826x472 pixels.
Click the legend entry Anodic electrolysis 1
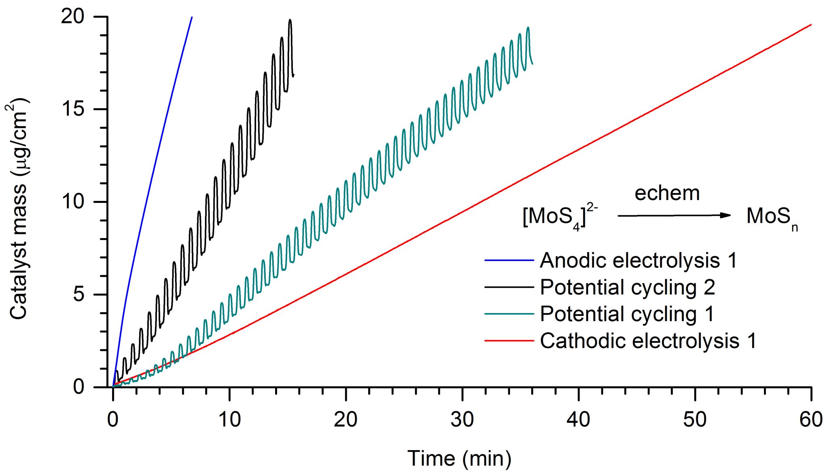(638, 260)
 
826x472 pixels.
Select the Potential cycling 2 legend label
(628, 287)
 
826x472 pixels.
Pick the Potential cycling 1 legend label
(627, 314)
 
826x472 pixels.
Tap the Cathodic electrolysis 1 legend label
(648, 341)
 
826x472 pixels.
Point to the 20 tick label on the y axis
(73, 17)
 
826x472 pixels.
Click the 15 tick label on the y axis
(73, 109)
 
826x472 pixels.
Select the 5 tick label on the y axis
(79, 294)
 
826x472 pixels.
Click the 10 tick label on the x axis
(229, 420)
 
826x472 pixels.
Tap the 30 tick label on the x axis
(462, 420)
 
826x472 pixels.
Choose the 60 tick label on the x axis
(811, 420)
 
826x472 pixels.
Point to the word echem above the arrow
(667, 193)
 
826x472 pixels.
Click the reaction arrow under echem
(674, 215)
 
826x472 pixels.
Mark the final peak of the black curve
(290, 20)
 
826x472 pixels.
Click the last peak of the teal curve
(528, 28)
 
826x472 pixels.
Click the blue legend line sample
(509, 261)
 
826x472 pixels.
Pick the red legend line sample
(509, 341)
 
